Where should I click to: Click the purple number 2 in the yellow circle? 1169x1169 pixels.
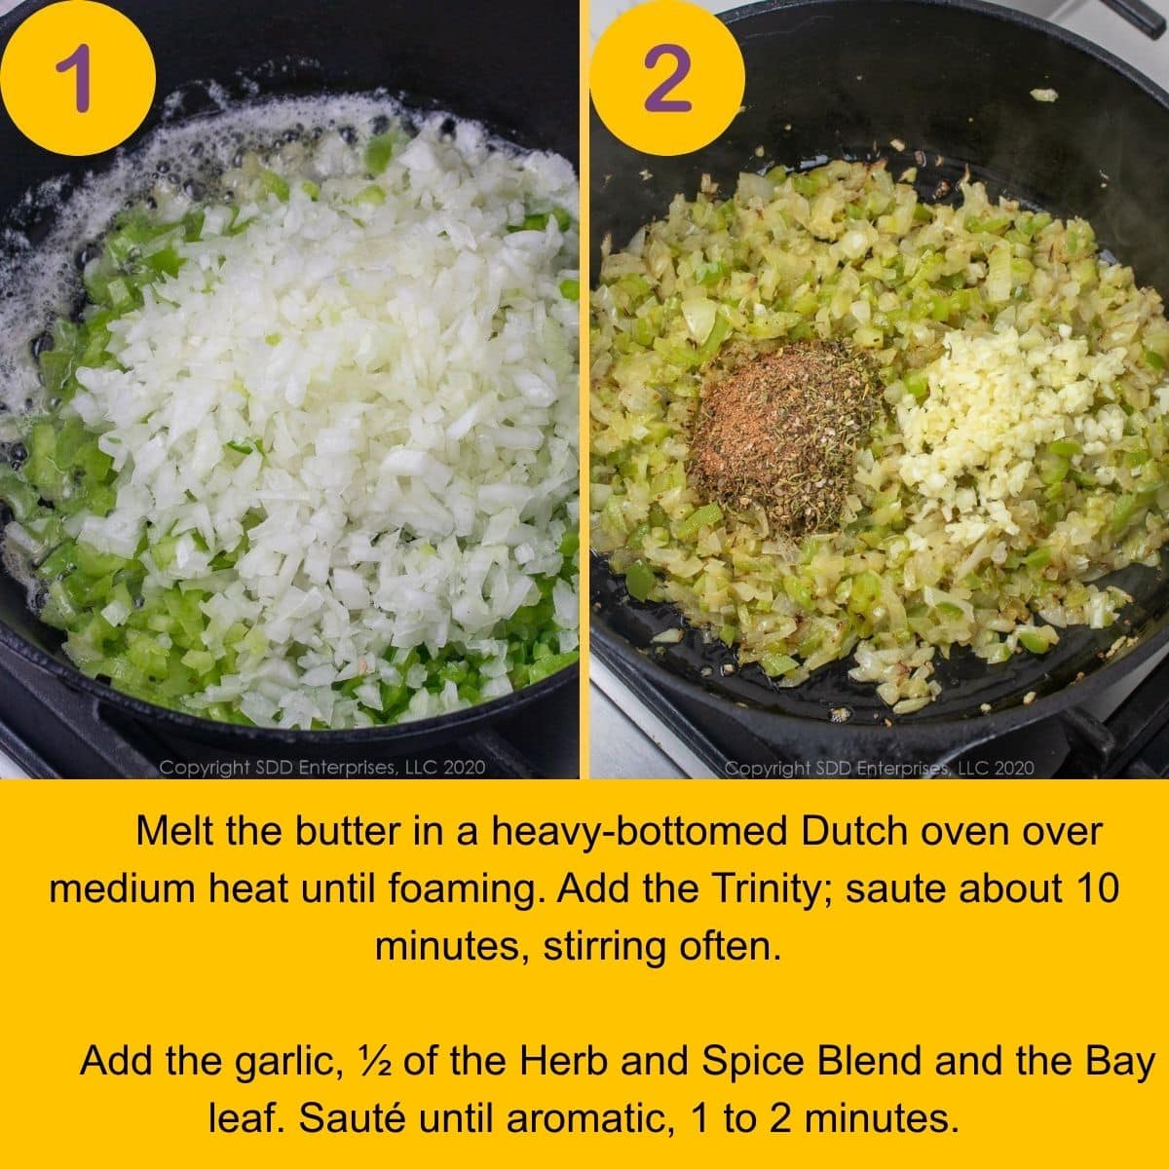coord(668,78)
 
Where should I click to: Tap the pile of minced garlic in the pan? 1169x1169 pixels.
coord(984,429)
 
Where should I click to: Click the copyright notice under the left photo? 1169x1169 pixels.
coord(321,768)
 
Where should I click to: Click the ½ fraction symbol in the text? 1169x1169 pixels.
coord(374,1061)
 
